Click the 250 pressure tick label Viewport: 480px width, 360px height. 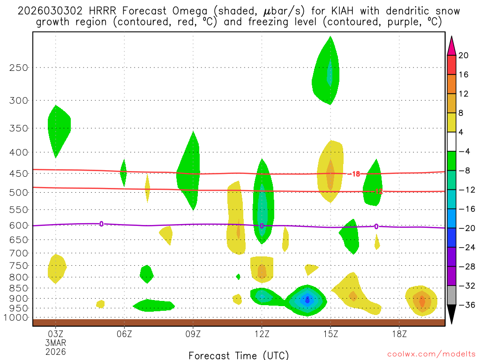pyautogui.click(x=18, y=67)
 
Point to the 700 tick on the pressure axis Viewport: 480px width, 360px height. pyautogui.click(x=18, y=253)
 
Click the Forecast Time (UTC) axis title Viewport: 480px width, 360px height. pyautogui.click(x=239, y=355)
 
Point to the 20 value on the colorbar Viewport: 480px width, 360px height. pyautogui.click(x=464, y=55)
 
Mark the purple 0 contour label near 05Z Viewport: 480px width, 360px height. pyautogui.click(x=101, y=224)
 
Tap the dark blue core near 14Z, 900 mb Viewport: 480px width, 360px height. pyautogui.click(x=307, y=300)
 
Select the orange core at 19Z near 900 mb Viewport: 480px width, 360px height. pyautogui.click(x=422, y=300)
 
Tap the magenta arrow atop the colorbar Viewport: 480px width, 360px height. pyautogui.click(x=451, y=45)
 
